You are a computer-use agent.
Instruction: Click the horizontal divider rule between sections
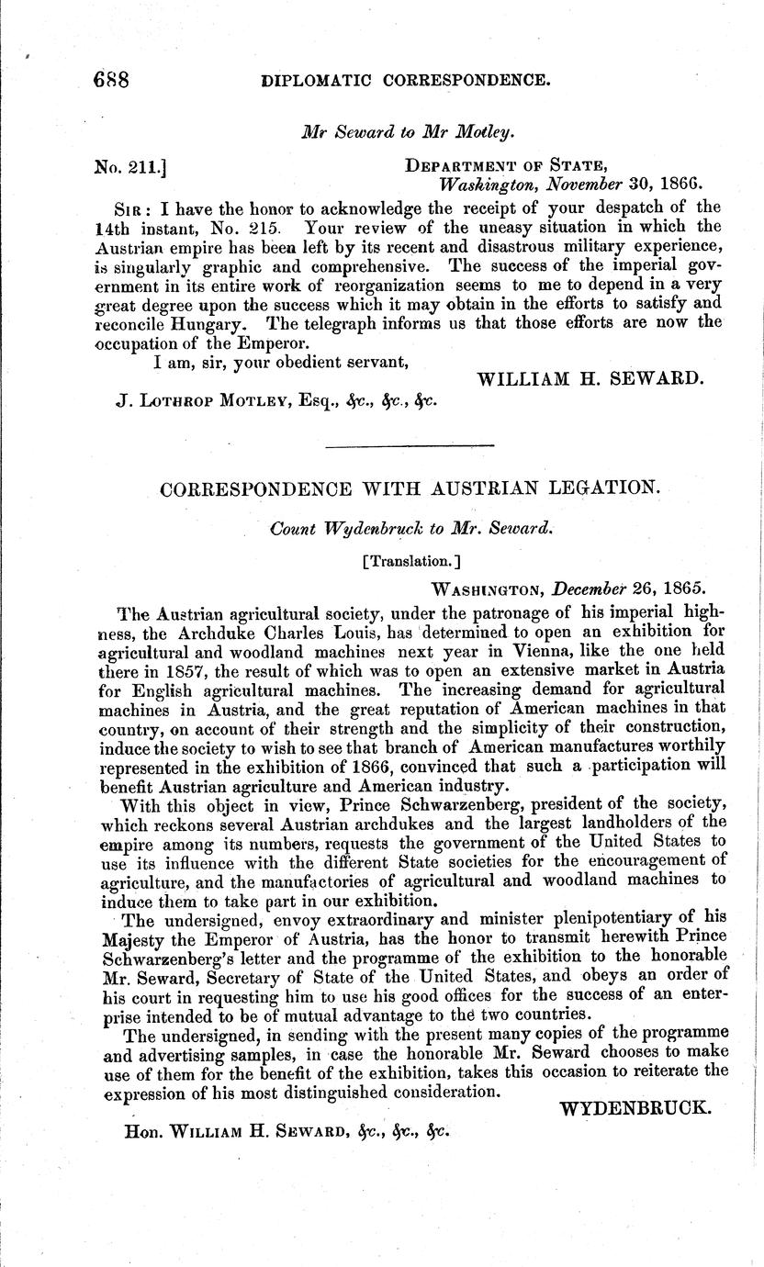[x=410, y=445]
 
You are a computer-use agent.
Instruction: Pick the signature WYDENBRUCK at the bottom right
[x=635, y=1108]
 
